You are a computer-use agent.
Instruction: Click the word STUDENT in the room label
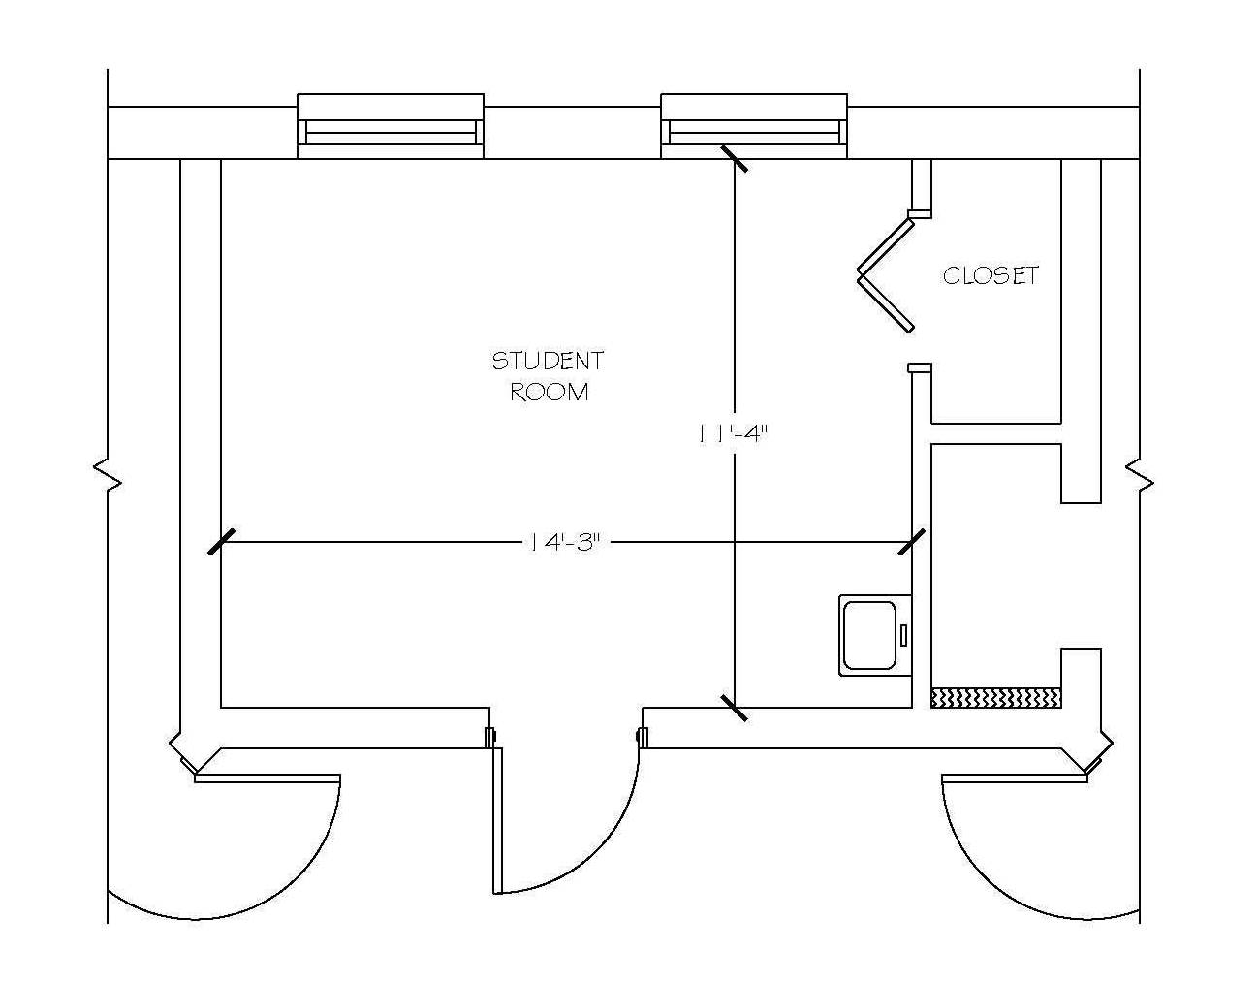[x=548, y=362]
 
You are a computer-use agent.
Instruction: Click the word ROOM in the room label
[x=549, y=393]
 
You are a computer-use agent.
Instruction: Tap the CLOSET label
[x=990, y=276]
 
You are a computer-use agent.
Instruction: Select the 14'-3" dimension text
[x=566, y=542]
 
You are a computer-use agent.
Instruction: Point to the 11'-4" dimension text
[x=733, y=434]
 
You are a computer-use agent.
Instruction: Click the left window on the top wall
[x=391, y=126]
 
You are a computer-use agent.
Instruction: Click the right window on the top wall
[x=754, y=126]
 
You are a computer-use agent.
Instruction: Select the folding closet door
[x=885, y=273]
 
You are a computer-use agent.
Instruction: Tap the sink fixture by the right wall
[x=871, y=635]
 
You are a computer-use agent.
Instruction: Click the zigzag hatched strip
[x=996, y=697]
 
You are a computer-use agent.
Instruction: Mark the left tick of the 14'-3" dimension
[x=221, y=542]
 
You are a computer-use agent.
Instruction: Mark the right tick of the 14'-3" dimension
[x=912, y=542]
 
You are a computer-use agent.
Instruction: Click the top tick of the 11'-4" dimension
[x=734, y=158]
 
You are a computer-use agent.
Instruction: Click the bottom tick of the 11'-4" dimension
[x=734, y=708]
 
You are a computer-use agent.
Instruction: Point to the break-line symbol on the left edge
[x=108, y=475]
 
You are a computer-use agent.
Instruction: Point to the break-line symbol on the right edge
[x=1139, y=475]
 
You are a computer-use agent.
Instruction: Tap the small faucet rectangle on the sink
[x=903, y=635]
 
